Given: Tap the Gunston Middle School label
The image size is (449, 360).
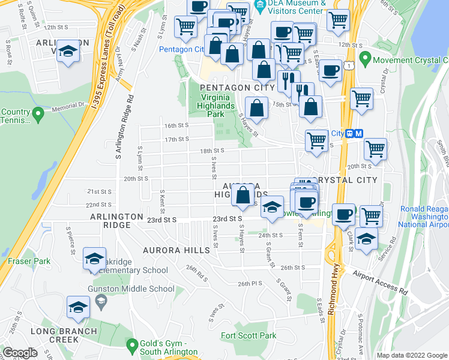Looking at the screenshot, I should pyautogui.click(x=141, y=289).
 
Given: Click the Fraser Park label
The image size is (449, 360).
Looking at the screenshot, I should pyautogui.click(x=29, y=261).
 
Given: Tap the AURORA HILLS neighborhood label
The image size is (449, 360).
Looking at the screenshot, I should pyautogui.click(x=173, y=249).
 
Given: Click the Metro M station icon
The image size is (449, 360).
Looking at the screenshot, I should pyautogui.click(x=358, y=133).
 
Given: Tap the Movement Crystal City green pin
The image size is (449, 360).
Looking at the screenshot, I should pyautogui.click(x=365, y=60).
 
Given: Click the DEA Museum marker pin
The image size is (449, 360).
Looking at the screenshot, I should pyautogui.click(x=260, y=8).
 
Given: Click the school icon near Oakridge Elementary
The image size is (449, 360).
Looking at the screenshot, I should pyautogui.click(x=94, y=259).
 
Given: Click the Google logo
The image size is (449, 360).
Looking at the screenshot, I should pyautogui.click(x=20, y=353).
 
